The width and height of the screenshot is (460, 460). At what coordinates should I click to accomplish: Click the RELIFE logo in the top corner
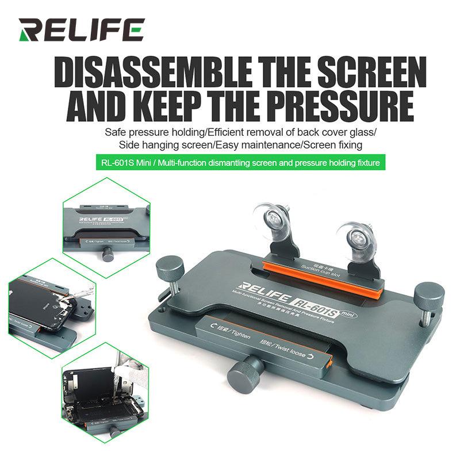80,30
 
